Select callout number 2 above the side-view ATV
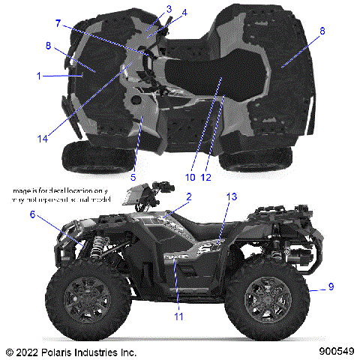(x=188, y=197)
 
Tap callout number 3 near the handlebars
(x=169, y=9)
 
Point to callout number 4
(x=184, y=13)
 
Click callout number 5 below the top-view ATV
(x=133, y=177)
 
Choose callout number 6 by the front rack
(x=33, y=214)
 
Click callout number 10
(x=190, y=178)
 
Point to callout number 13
(x=232, y=196)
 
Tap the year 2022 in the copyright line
(x=27, y=351)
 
